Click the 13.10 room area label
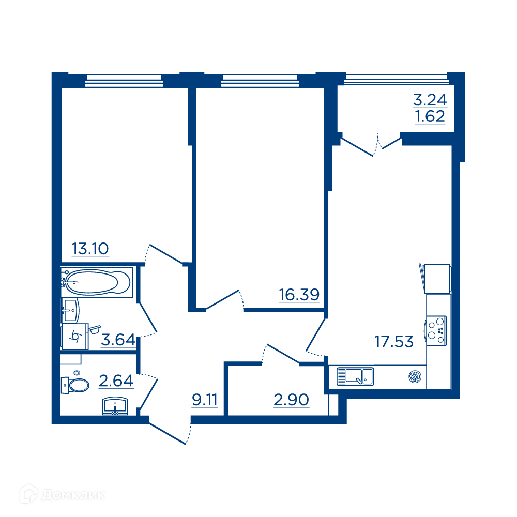[x=90, y=249]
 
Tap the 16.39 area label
[x=299, y=295]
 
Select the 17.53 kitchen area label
[x=394, y=342]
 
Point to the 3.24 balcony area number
[x=430, y=100]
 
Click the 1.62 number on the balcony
[x=430, y=116]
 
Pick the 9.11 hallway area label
[x=205, y=400]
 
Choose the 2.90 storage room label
[x=292, y=400]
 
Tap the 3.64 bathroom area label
[x=118, y=340]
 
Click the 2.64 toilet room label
[x=116, y=381]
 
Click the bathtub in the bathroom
[x=97, y=282]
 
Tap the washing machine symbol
[x=75, y=337]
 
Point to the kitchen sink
[x=355, y=376]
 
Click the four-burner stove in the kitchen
[x=436, y=331]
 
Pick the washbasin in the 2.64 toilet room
[x=115, y=406]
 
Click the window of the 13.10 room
[x=124, y=81]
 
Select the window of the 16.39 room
[x=260, y=81]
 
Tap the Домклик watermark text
[x=74, y=495]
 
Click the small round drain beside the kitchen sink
[x=415, y=376]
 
